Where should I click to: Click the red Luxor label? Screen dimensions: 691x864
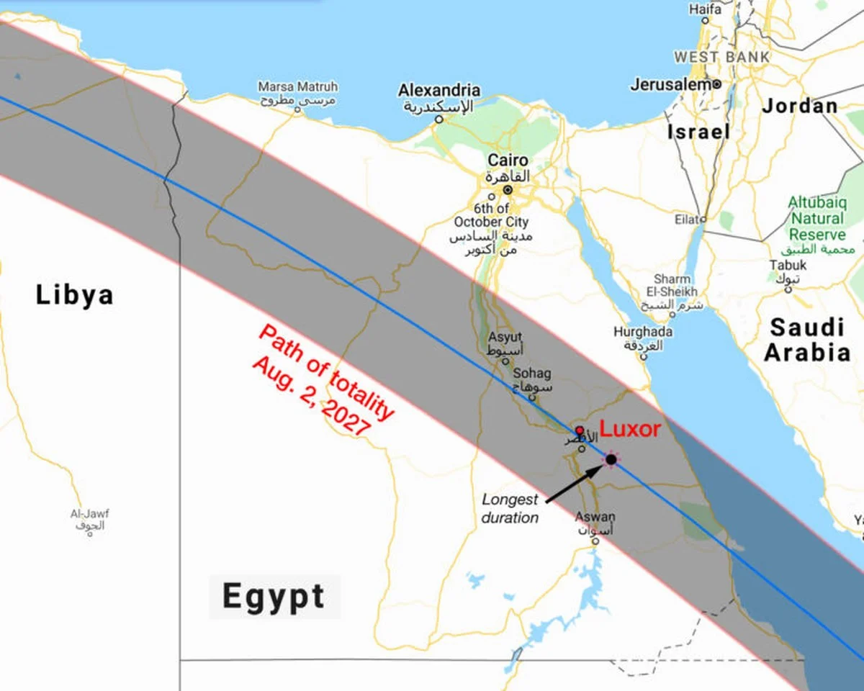(630, 429)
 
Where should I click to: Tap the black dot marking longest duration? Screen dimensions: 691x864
(611, 459)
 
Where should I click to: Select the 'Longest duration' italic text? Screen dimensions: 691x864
(510, 508)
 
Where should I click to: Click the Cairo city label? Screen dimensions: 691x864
(508, 161)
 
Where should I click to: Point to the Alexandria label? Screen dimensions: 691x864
(439, 91)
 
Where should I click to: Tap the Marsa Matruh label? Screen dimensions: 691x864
(297, 87)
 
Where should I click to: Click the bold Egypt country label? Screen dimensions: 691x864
(274, 597)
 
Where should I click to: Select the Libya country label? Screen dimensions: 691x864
(75, 295)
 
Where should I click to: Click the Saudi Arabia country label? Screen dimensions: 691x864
(806, 340)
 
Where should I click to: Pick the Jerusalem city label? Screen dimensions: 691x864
(671, 85)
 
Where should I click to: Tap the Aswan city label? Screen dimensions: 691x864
(595, 517)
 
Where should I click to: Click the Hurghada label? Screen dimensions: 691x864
(643, 332)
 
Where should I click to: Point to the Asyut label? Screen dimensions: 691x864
(505, 337)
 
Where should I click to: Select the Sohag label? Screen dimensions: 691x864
(531, 374)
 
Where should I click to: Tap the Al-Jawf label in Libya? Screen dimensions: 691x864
(89, 514)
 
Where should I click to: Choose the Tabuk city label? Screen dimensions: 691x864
(787, 265)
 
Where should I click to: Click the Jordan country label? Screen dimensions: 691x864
(800, 106)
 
